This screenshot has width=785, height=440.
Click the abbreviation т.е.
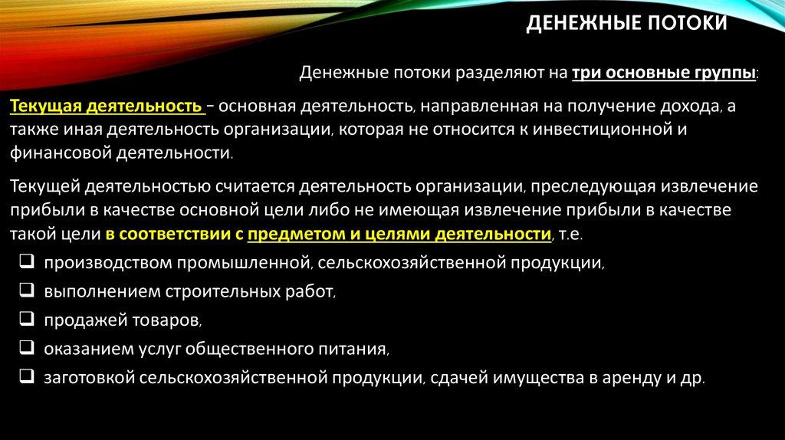tap(572, 233)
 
